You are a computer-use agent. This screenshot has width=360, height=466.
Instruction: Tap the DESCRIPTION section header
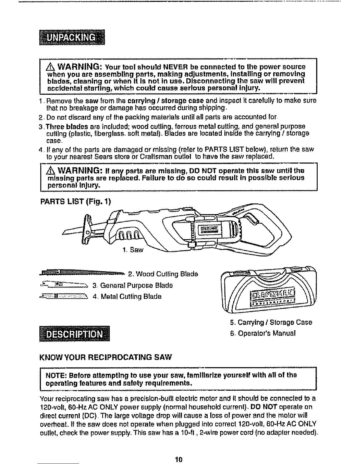click(74, 333)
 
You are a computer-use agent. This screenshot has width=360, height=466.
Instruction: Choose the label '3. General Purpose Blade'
click(132, 285)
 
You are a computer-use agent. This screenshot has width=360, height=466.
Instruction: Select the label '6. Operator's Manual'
click(263, 333)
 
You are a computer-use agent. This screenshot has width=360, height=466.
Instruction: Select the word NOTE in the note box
click(54, 375)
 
